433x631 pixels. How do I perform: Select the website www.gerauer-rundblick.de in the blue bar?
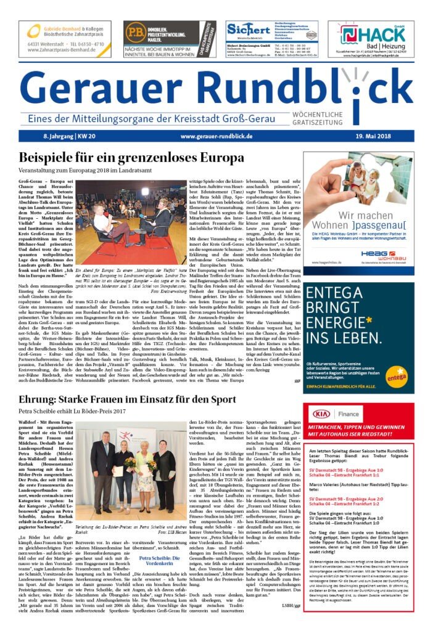click(x=216, y=135)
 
